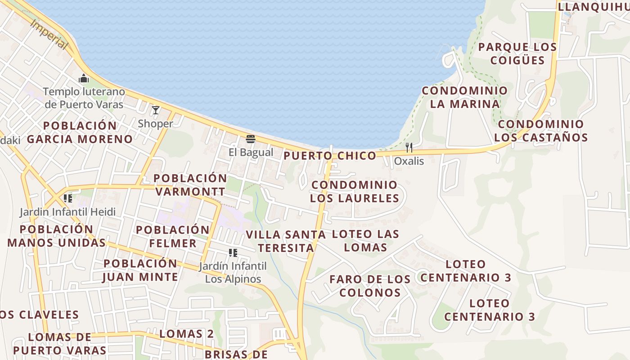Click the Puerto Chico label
coord(330,156)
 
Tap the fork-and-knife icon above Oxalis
coord(409,147)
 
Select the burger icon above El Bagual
coord(251,139)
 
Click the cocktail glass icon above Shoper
coord(156,110)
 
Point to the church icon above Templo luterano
coord(84,79)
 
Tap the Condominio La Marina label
coord(464,97)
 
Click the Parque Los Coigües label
coord(517,54)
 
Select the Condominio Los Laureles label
coord(354,191)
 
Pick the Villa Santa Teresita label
coord(286,241)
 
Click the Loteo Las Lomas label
coord(365,240)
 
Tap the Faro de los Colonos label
coord(370,286)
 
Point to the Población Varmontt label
coord(190,184)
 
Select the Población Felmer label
coord(173,236)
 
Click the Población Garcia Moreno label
coord(80,132)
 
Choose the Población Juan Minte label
coord(140,270)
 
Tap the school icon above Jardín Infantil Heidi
coord(68,198)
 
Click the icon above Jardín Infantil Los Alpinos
coord(233,253)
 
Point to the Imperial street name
coord(49,34)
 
